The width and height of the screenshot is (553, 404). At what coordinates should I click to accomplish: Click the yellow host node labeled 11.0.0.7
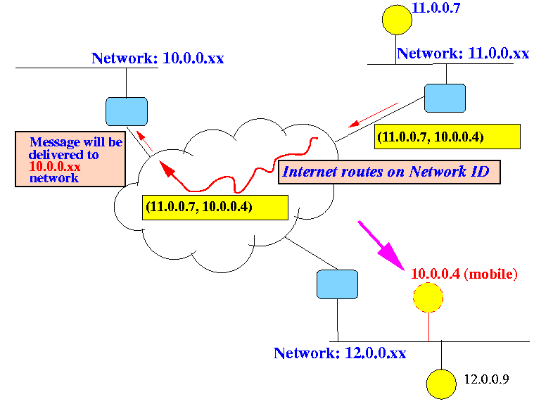pos(397,19)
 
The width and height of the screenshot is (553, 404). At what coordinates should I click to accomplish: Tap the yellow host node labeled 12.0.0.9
pos(441,384)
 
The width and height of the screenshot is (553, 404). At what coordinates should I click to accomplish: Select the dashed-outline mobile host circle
pos(428,298)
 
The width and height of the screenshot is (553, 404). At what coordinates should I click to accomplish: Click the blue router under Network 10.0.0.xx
pos(126,111)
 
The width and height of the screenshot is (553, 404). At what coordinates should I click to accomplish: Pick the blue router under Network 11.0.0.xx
pos(445,98)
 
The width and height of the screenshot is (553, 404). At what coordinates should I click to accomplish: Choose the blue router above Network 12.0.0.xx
pos(337,283)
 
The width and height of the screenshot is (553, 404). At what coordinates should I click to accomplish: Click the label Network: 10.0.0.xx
pos(158,58)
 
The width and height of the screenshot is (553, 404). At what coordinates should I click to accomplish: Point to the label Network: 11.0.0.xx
pos(463,53)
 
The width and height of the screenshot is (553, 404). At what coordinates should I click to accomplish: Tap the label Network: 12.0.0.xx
pos(340,353)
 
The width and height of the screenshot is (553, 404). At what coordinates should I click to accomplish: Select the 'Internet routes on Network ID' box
pos(389,172)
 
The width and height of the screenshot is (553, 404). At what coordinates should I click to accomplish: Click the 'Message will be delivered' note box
pos(70,160)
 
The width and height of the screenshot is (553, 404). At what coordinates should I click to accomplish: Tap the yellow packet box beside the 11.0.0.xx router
pos(447,137)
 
